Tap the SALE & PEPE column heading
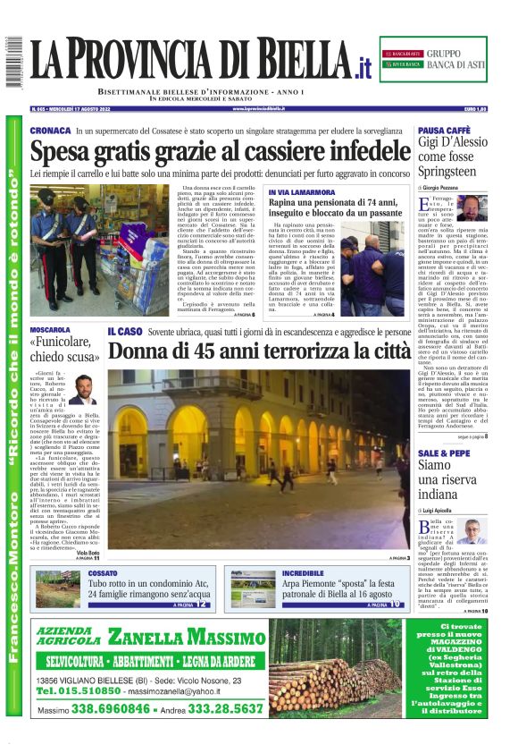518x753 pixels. (x=445, y=453)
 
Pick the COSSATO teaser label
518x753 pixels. (x=103, y=572)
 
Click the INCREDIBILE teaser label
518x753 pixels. (x=302, y=572)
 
